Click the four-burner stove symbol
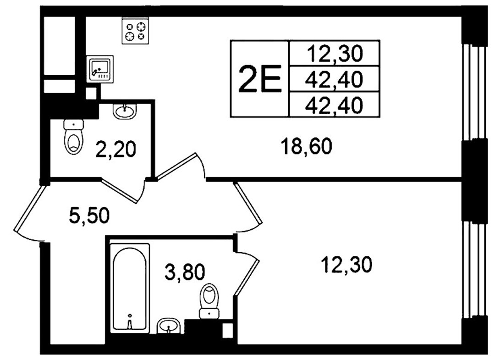(135, 31)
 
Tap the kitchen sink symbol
(100, 69)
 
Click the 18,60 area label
(306, 147)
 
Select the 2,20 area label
(115, 150)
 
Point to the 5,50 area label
(89, 216)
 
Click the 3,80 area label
(185, 272)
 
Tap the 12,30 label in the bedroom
(346, 265)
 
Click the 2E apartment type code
(259, 79)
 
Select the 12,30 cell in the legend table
(334, 54)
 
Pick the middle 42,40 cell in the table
(334, 79)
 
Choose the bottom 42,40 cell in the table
(334, 105)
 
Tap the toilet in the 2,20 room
(74, 137)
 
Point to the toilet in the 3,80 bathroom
(209, 300)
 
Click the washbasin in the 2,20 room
(125, 111)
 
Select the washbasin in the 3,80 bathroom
(169, 326)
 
